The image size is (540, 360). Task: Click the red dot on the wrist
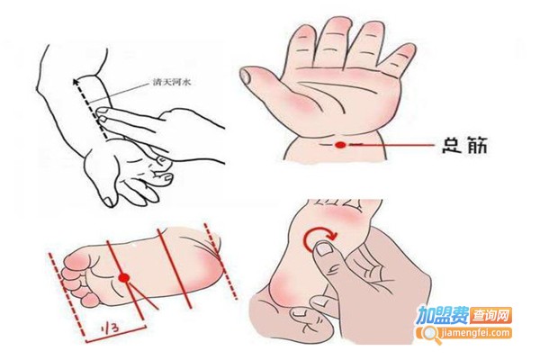[x=340, y=145]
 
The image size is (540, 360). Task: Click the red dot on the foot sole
[x=123, y=277]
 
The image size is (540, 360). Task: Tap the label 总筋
[x=465, y=146]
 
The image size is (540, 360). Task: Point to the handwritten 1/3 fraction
[x=111, y=328]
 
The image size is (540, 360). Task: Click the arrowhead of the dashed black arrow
[x=76, y=81]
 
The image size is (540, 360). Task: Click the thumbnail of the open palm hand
[x=246, y=76]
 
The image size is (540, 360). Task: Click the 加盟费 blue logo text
[x=443, y=315]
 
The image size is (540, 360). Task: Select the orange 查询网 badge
[x=490, y=315]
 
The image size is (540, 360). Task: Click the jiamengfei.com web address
[x=474, y=334]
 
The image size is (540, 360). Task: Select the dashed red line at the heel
[x=220, y=261]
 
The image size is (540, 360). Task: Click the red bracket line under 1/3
[x=116, y=334]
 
